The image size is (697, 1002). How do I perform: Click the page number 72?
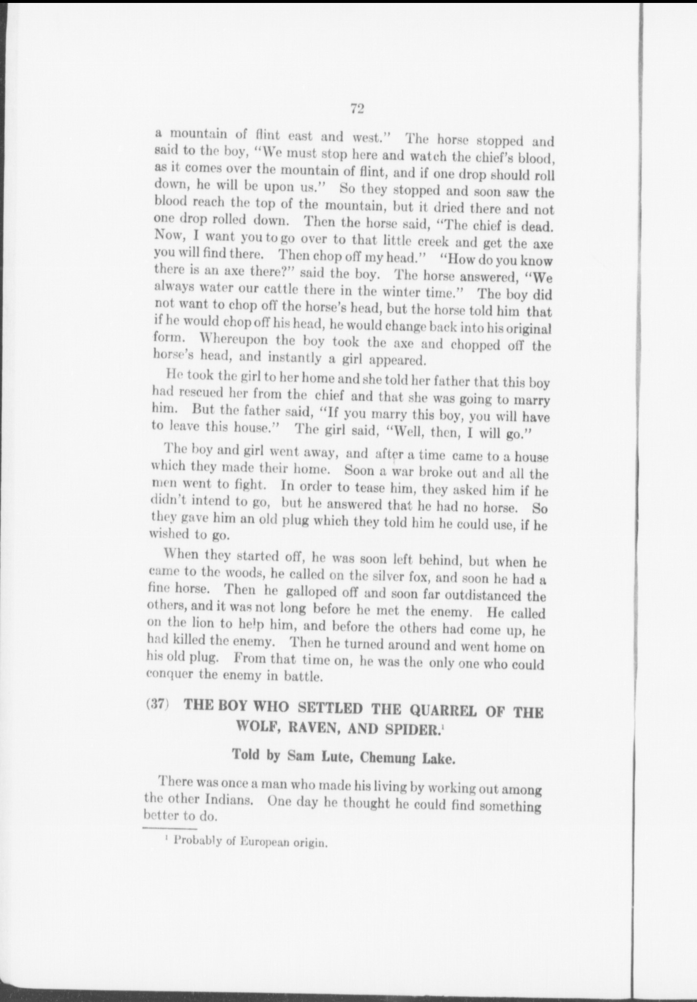356,109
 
